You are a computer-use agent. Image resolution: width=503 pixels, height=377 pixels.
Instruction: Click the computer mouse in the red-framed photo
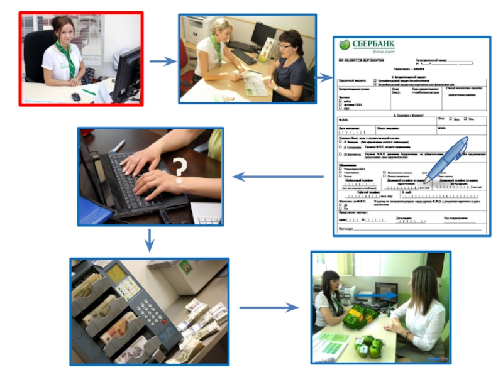click(x=75, y=96)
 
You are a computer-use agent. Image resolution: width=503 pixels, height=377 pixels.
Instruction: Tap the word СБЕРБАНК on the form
click(x=375, y=44)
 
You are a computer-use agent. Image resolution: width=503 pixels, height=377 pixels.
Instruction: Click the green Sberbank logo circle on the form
click(x=344, y=45)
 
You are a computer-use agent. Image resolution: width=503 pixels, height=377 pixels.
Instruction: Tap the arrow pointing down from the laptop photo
click(x=149, y=239)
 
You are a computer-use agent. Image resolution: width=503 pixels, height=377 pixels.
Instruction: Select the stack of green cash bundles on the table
click(x=361, y=314)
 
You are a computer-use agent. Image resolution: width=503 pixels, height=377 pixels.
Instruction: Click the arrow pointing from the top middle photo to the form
click(x=324, y=78)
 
